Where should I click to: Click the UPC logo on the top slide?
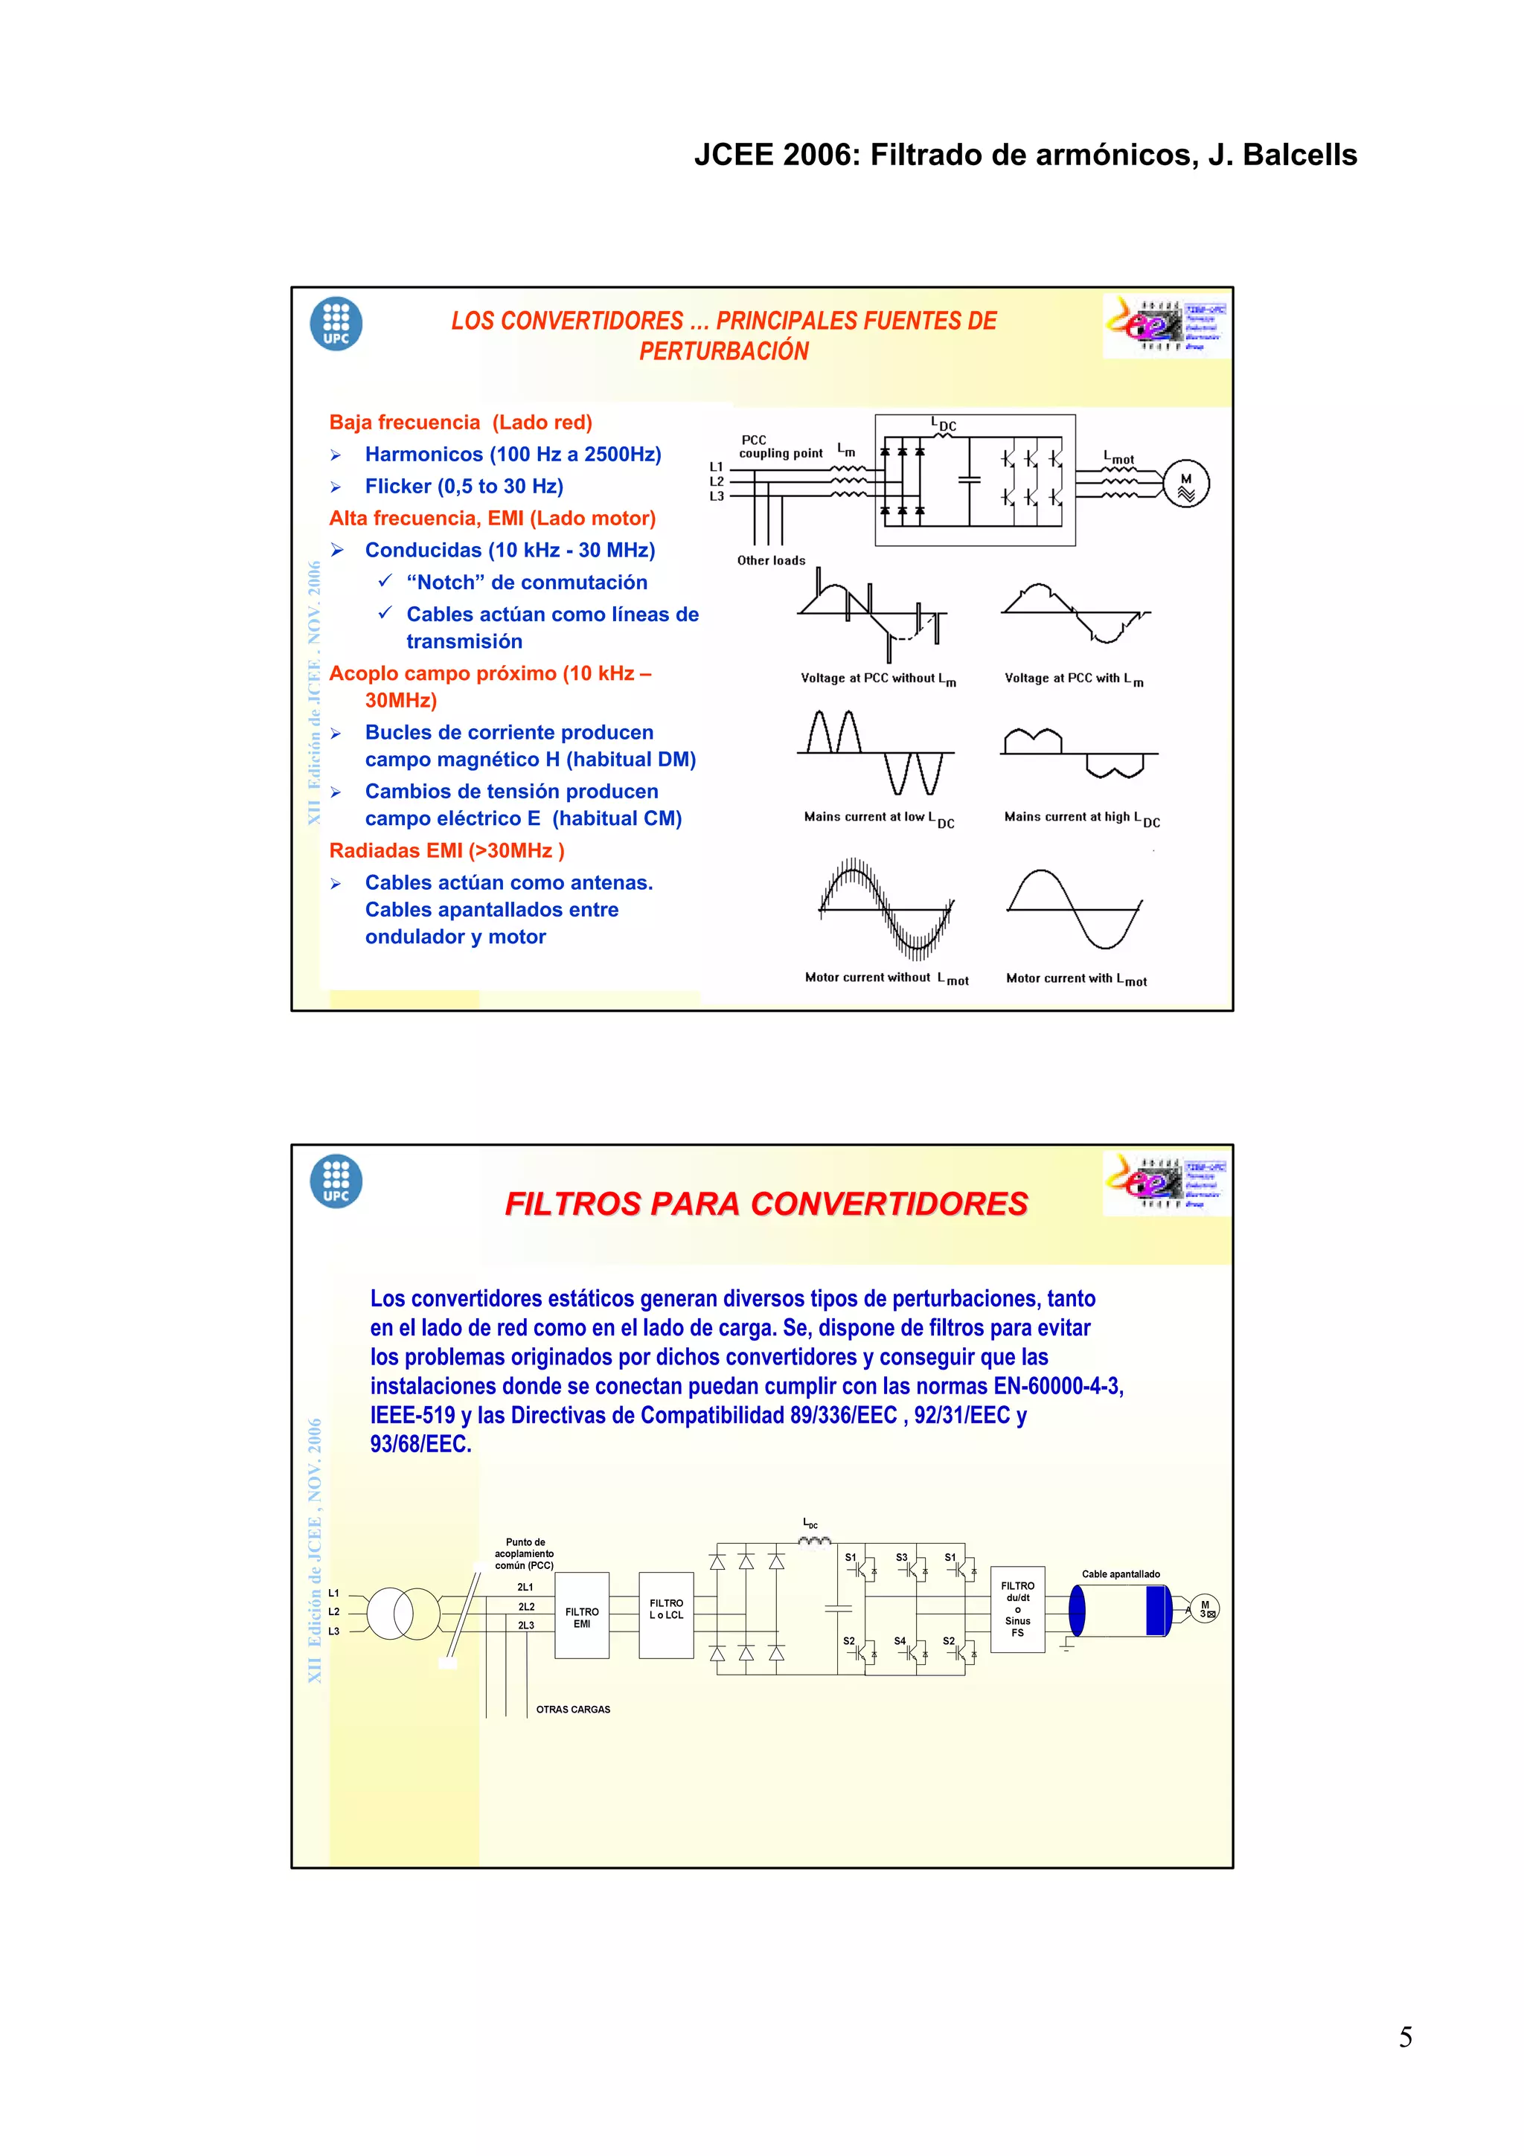[x=336, y=324]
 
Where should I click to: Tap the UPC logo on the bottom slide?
[x=336, y=1181]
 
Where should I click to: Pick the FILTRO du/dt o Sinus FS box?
[x=1017, y=1608]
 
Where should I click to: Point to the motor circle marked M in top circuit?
[x=1186, y=484]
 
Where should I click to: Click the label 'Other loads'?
[x=771, y=561]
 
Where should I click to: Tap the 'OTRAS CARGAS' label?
[x=573, y=1709]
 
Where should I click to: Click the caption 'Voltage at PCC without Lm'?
[x=878, y=679]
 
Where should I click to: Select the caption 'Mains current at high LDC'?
[x=1082, y=818]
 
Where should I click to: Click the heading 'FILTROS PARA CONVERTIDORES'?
[x=766, y=1204]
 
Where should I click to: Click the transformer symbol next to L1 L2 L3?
[x=403, y=1613]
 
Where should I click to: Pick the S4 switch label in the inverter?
[x=900, y=1640]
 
